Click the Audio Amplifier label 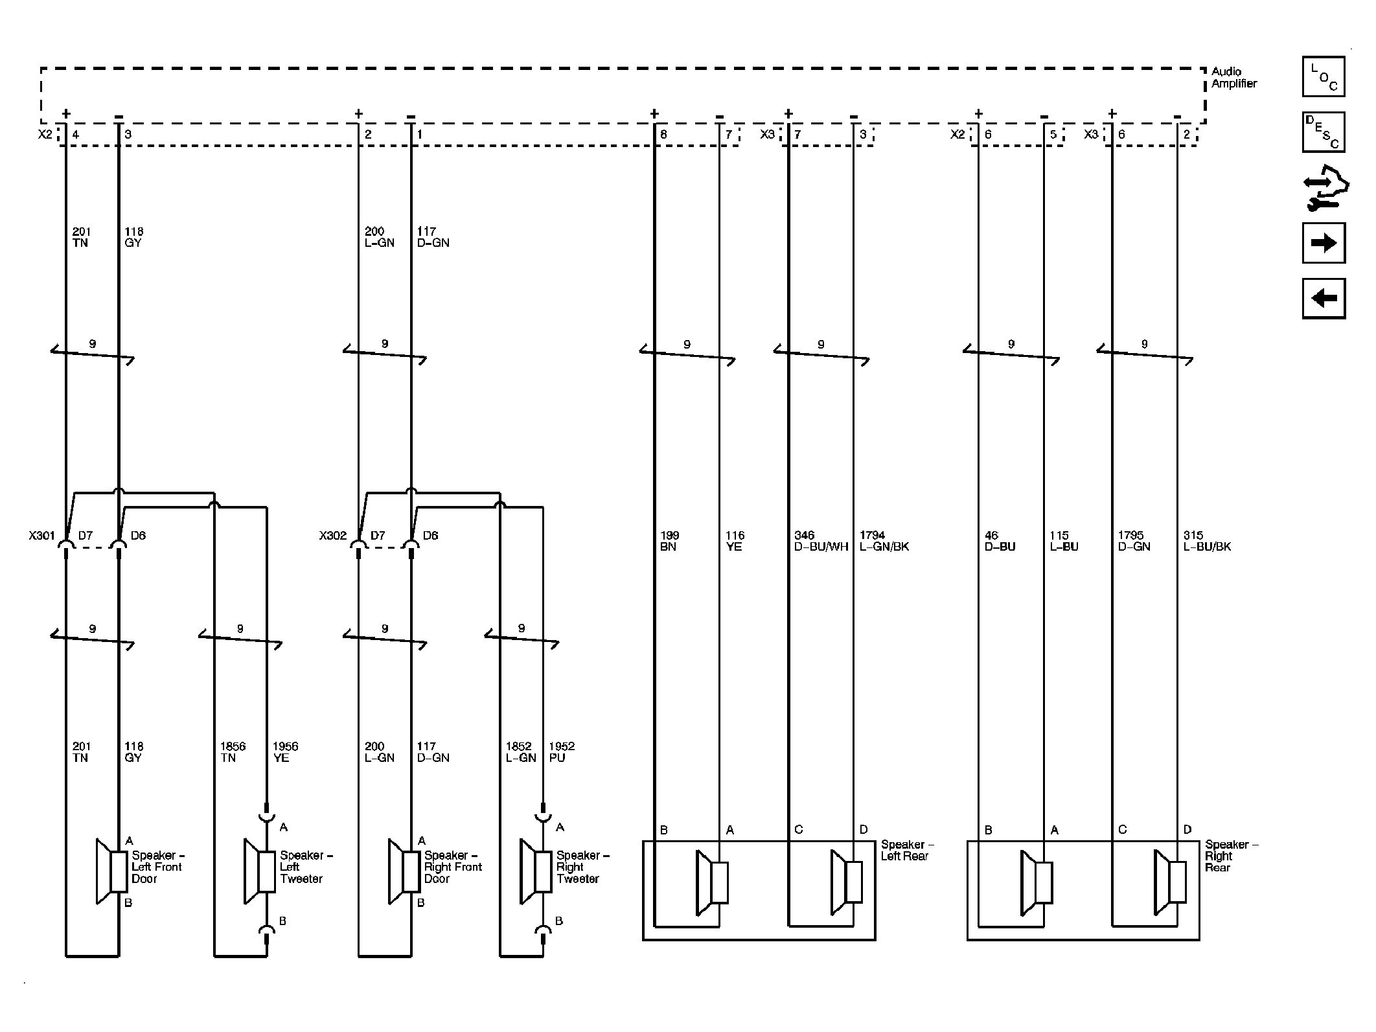coord(1233,78)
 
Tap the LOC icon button coord(1323,77)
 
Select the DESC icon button coord(1323,132)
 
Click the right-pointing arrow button coord(1323,243)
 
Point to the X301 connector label coord(42,536)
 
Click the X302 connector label coord(332,536)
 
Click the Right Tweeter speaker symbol coord(536,871)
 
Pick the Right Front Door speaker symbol coord(404,871)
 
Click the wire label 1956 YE coord(285,751)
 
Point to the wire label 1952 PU coord(561,751)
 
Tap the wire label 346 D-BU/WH coord(821,541)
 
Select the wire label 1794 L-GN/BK coord(884,541)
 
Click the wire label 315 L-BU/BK coord(1206,541)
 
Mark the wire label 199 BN coord(669,541)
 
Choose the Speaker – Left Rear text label coord(906,850)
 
